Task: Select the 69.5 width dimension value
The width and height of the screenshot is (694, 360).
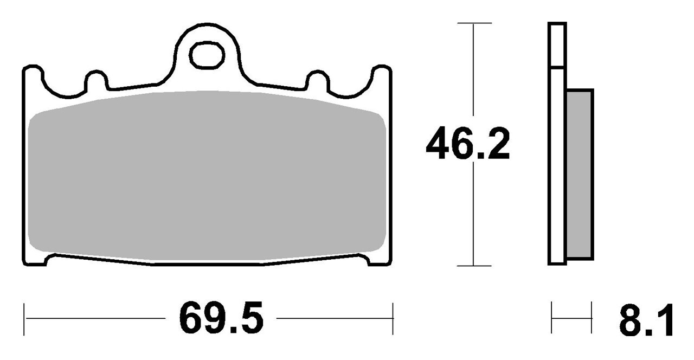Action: tap(221, 318)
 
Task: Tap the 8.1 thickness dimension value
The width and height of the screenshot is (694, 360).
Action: tap(646, 320)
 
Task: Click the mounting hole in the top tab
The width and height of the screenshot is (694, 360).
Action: tap(207, 55)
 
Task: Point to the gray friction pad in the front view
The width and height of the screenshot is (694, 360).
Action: tap(207, 176)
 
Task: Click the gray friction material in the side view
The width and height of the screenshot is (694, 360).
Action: tap(580, 175)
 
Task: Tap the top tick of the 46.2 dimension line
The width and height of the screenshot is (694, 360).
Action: tap(474, 23)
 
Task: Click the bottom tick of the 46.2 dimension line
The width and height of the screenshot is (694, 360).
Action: tap(474, 266)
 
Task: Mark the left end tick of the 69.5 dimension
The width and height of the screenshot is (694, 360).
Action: tap(24, 319)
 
